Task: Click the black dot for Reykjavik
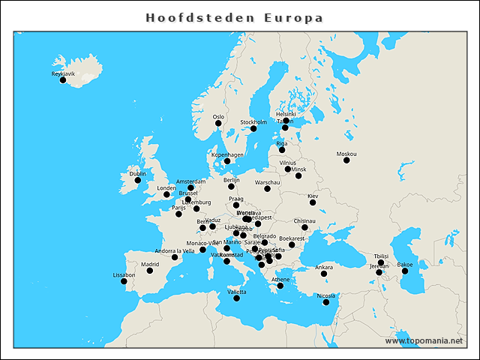pyautogui.click(x=63, y=79)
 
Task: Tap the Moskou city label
pyautogui.click(x=346, y=154)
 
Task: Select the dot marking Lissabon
pyautogui.click(x=124, y=280)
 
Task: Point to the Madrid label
pyautogui.click(x=150, y=264)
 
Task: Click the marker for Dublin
pyautogui.click(x=137, y=180)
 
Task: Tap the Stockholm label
pyautogui.click(x=253, y=121)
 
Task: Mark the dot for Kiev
pyautogui.click(x=313, y=202)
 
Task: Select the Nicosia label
pyautogui.click(x=325, y=295)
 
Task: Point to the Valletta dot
pyautogui.click(x=237, y=298)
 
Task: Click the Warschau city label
pyautogui.click(x=267, y=181)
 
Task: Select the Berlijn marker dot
pyautogui.click(x=231, y=187)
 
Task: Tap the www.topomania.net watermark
pyautogui.click(x=424, y=340)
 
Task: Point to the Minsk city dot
pyautogui.click(x=298, y=175)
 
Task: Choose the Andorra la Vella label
pyautogui.click(x=174, y=250)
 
